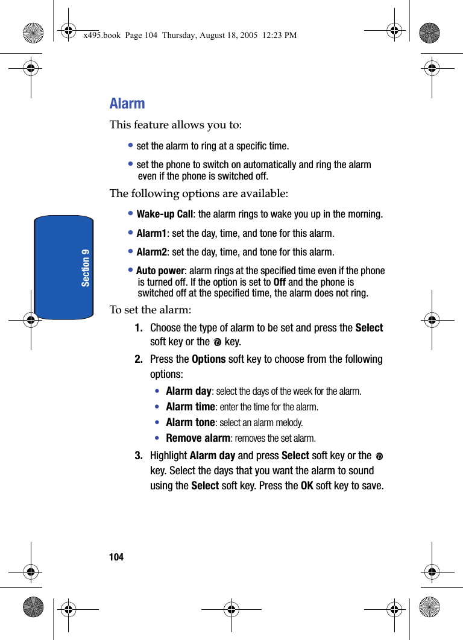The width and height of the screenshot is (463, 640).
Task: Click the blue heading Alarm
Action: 127,104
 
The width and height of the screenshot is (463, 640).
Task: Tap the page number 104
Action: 116,557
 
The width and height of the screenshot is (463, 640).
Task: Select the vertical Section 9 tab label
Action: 86,267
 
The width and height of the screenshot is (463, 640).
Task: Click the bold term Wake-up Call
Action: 165,215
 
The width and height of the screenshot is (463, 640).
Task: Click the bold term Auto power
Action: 160,271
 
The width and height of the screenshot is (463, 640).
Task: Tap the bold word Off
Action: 280,282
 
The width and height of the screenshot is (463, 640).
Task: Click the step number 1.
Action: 139,328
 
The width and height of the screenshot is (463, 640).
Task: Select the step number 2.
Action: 139,359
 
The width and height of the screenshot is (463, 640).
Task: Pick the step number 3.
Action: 139,456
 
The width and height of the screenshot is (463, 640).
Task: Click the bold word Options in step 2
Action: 209,359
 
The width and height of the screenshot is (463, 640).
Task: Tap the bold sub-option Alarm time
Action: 191,407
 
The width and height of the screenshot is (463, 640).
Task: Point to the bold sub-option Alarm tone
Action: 191,422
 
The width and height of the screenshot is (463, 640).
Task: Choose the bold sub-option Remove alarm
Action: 198,438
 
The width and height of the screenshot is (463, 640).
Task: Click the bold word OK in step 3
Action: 307,485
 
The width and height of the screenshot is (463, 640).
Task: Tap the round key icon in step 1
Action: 217,342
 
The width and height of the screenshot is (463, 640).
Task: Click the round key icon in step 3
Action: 379,456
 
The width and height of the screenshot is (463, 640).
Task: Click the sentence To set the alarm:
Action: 151,310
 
